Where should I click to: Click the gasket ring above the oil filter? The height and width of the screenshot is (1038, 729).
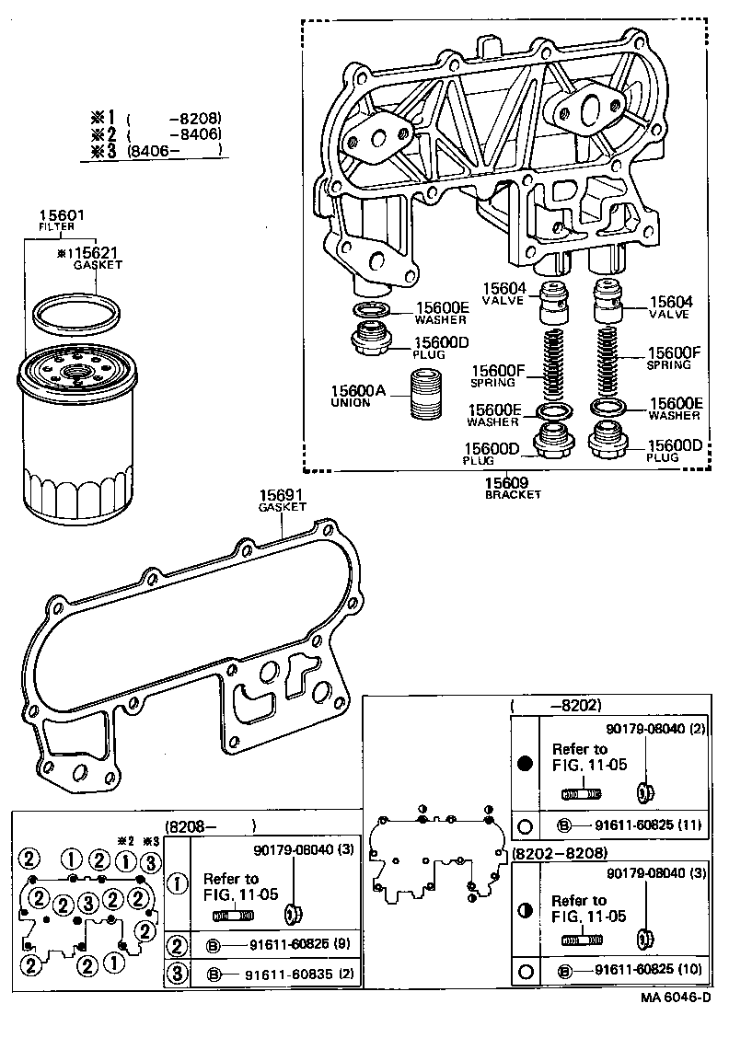point(75,313)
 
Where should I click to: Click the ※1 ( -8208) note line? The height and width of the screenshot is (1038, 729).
point(156,118)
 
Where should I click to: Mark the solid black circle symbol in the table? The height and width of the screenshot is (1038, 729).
point(526,764)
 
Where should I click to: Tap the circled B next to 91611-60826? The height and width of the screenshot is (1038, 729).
point(213,944)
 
